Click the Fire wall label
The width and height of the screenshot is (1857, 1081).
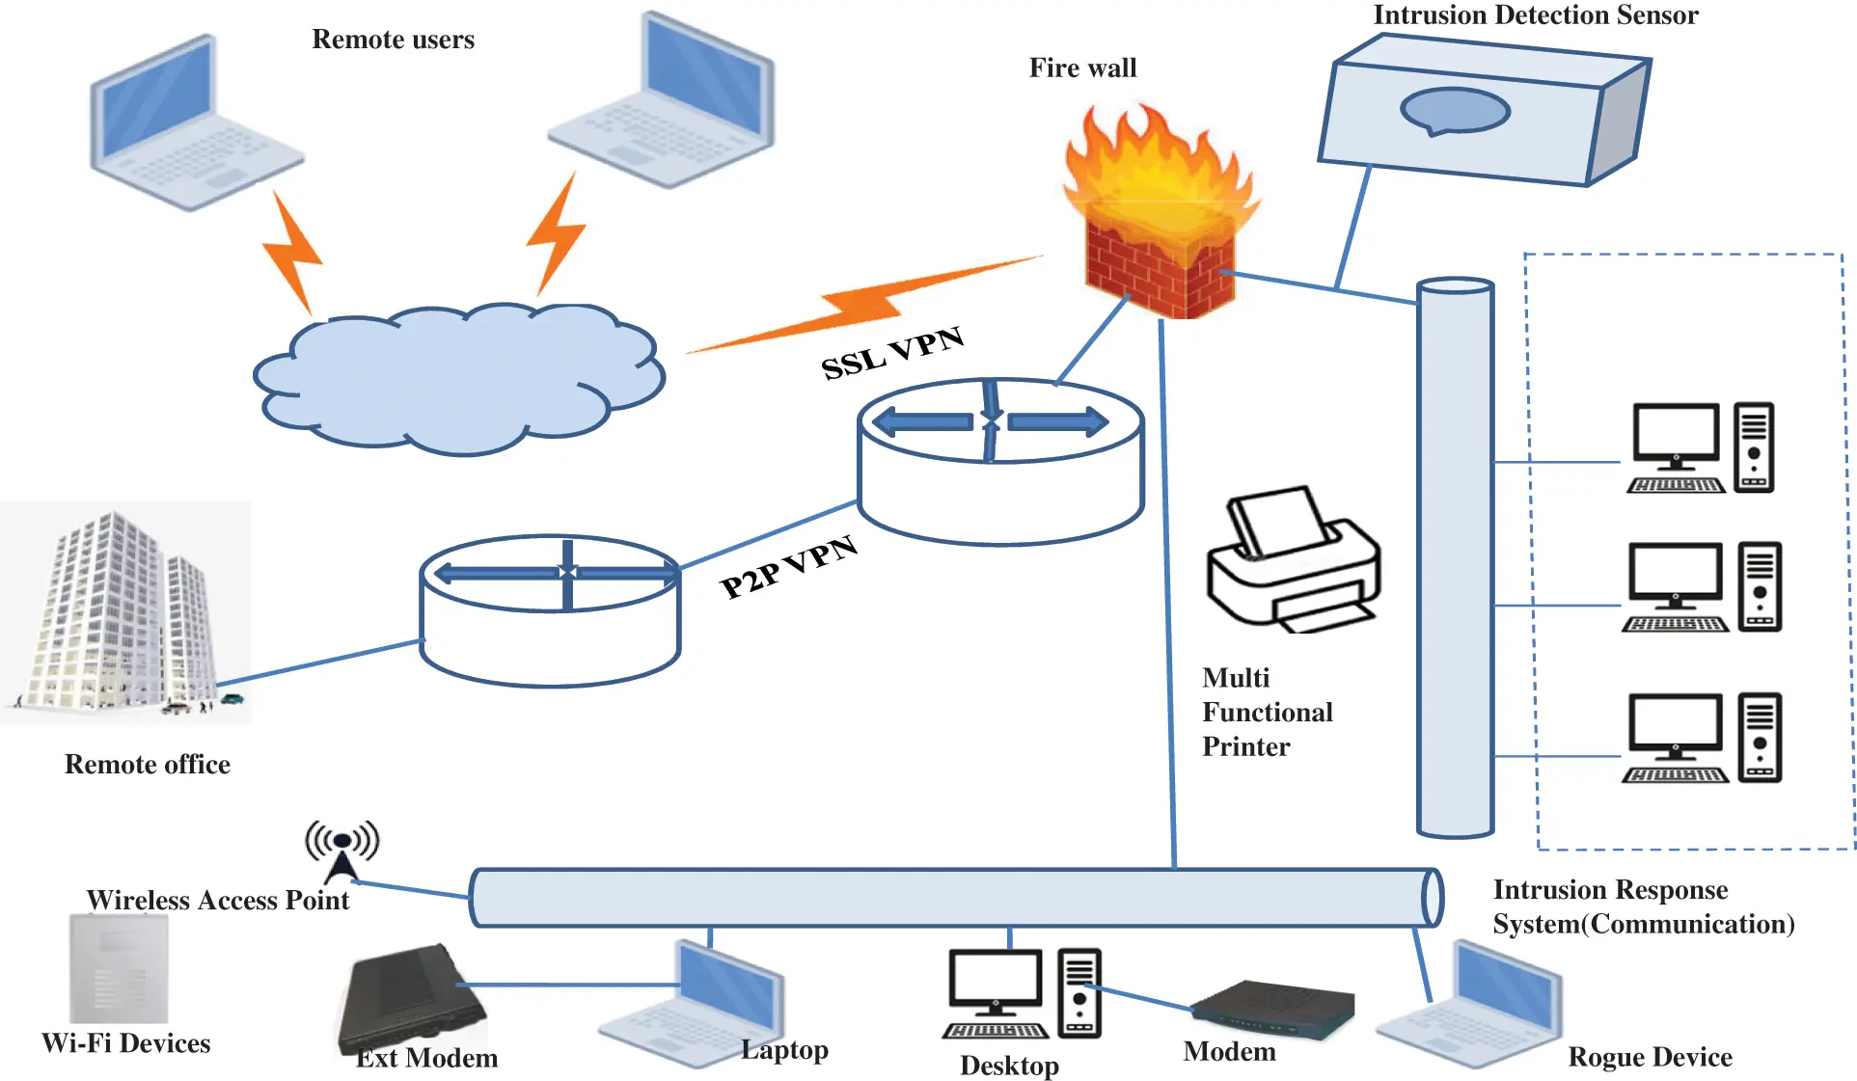pos(1082,68)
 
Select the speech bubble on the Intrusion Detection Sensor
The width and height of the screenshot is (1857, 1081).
pos(1454,112)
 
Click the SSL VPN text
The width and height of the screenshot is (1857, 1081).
pos(891,353)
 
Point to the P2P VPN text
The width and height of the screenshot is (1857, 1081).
pos(788,567)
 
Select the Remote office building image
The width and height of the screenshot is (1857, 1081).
pos(125,613)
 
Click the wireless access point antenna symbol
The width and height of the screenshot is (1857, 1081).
pos(341,850)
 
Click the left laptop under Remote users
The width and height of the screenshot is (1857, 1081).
pos(193,125)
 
